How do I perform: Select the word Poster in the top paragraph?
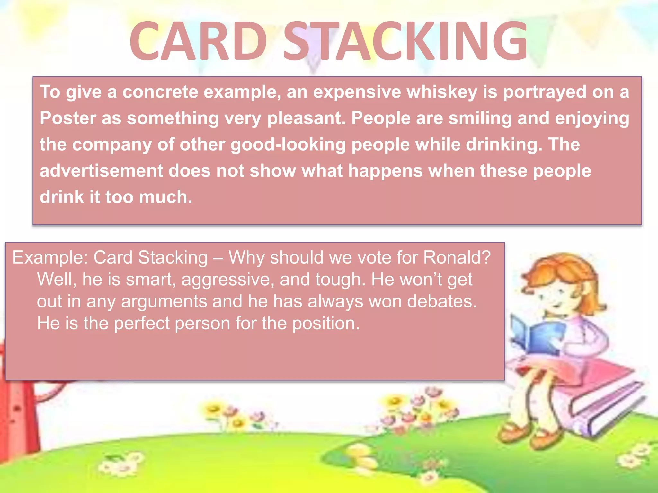[x=68, y=118]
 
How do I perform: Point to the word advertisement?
[x=101, y=170]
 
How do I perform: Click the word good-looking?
[x=288, y=144]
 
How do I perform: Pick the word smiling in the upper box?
[x=480, y=118]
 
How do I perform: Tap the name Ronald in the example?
[x=457, y=257]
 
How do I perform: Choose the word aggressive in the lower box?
[x=228, y=280]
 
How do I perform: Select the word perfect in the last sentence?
[x=141, y=323]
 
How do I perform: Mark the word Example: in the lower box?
[x=50, y=257]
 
